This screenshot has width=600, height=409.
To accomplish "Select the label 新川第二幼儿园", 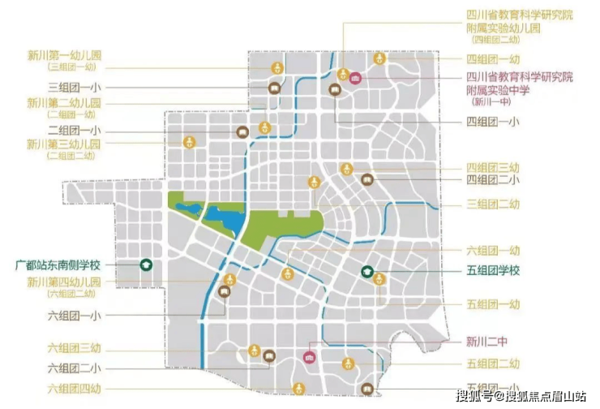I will point(65,103).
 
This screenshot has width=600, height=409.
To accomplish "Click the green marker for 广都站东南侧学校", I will point(146,264).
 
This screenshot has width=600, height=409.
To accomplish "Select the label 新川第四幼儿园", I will point(65,282).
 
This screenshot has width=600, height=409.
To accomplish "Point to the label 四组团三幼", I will point(493,166).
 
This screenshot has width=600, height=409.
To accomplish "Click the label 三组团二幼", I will point(493,204).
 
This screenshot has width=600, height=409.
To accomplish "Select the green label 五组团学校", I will point(493,270).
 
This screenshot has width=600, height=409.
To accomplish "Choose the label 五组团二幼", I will point(493,364).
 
